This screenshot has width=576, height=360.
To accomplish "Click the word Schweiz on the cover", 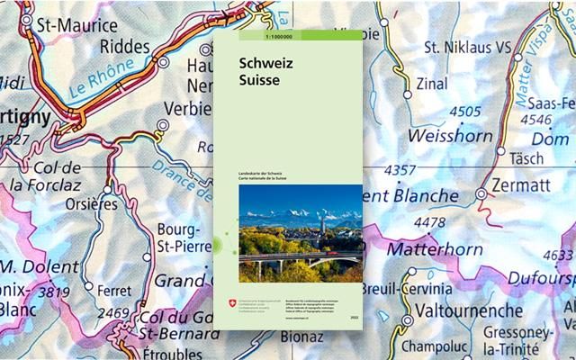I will (x=262, y=65).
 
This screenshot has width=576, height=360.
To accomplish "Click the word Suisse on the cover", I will (x=258, y=80).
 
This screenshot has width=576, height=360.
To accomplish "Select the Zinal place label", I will (x=432, y=85).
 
